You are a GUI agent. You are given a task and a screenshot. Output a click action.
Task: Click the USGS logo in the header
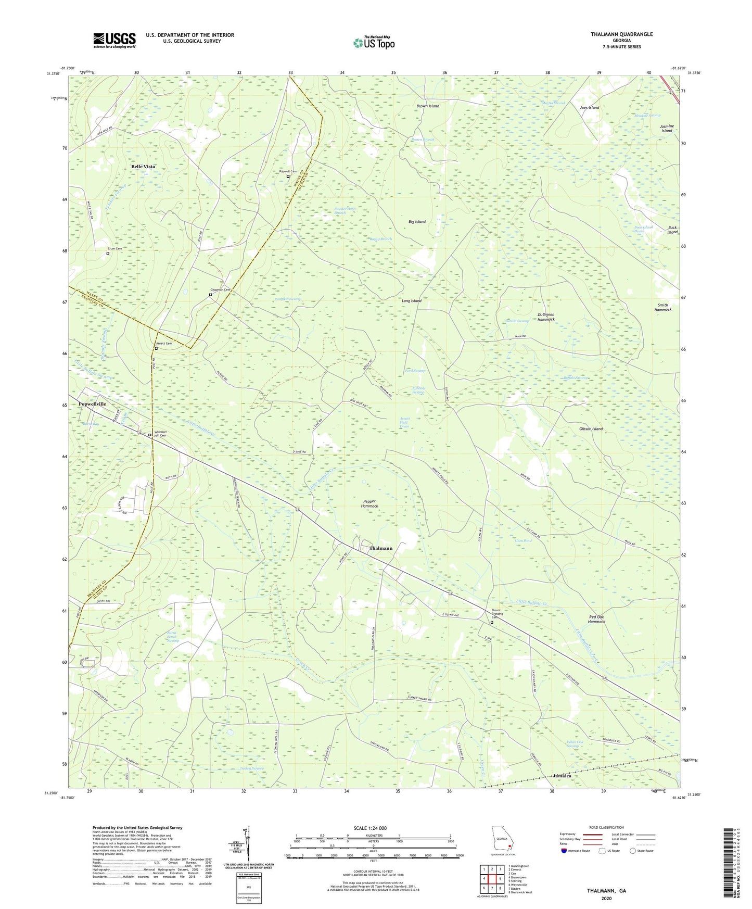tap(114, 40)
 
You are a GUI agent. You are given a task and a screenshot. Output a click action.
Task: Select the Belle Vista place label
tap(143, 167)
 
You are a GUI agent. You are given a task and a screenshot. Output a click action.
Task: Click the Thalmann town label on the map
tap(381, 548)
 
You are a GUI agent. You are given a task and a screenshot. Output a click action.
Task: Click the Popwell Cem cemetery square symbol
tap(288, 176)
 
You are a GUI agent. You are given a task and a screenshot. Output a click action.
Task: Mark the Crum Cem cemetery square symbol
tap(108, 254)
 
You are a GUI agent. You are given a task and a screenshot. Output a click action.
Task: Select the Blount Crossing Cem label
tap(496, 614)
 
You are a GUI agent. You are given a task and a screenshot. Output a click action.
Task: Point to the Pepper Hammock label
tap(369, 503)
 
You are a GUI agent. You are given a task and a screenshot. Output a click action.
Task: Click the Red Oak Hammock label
tap(596, 619)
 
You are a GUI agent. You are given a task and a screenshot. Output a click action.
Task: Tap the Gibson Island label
tap(591, 429)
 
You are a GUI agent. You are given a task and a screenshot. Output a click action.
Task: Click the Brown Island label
tap(428, 106)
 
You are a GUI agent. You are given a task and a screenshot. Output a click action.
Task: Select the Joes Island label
tap(589, 108)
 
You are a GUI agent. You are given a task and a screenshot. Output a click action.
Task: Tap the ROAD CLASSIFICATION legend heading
tap(606, 827)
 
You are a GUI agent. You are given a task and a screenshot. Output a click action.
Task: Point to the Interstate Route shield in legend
tap(565, 851)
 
